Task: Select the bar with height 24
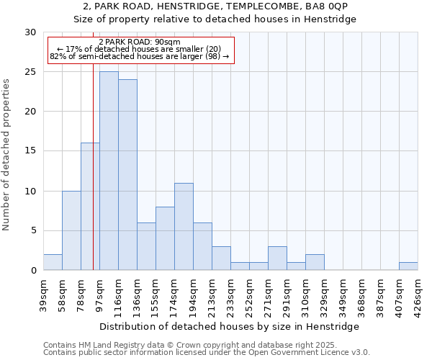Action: pyautogui.click(x=127, y=175)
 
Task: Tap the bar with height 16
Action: pyautogui.click(x=90, y=207)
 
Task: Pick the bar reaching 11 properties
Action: pyautogui.click(x=184, y=227)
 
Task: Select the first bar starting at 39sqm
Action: pyautogui.click(x=53, y=262)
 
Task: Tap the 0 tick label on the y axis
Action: pyautogui.click(x=32, y=271)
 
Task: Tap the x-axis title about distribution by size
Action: pyautogui.click(x=230, y=326)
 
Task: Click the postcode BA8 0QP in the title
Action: pyautogui.click(x=327, y=6)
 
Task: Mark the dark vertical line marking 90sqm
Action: pyautogui.click(x=94, y=180)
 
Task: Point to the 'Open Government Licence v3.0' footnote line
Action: pyautogui.click(x=207, y=353)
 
